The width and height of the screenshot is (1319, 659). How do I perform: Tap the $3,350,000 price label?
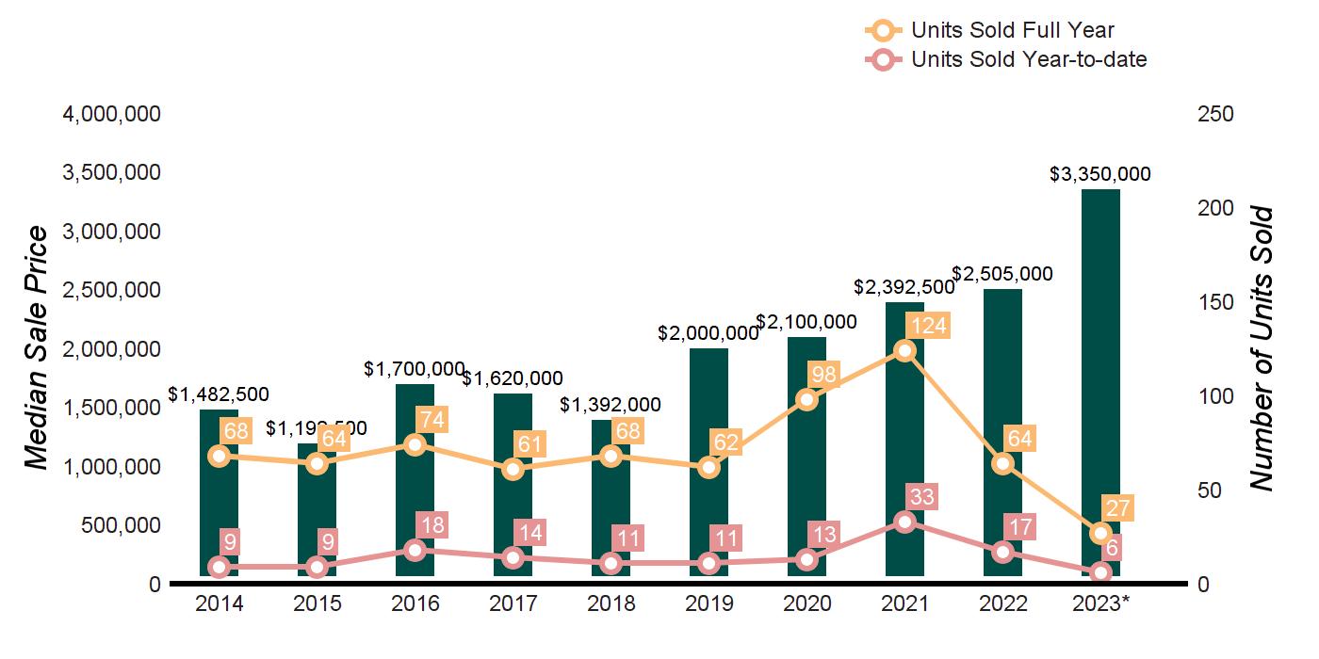(1100, 174)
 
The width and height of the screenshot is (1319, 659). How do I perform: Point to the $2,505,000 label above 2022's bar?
(1002, 274)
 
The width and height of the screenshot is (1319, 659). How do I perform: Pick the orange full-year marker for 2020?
(806, 399)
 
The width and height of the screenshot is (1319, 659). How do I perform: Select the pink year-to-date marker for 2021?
(904, 522)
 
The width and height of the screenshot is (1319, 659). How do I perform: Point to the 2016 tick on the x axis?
(415, 603)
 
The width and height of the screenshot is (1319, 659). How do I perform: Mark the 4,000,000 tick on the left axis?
(111, 114)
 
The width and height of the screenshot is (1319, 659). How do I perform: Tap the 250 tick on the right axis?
(1214, 114)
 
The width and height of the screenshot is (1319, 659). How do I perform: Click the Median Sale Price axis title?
(36, 348)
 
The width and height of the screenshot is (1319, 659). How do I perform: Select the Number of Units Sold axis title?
(1262, 348)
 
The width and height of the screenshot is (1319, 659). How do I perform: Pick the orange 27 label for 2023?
(1117, 508)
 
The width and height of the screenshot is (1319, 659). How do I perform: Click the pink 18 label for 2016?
(435, 525)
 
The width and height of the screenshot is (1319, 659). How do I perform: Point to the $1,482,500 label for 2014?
(219, 395)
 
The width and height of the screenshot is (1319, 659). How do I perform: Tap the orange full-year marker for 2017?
(513, 469)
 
